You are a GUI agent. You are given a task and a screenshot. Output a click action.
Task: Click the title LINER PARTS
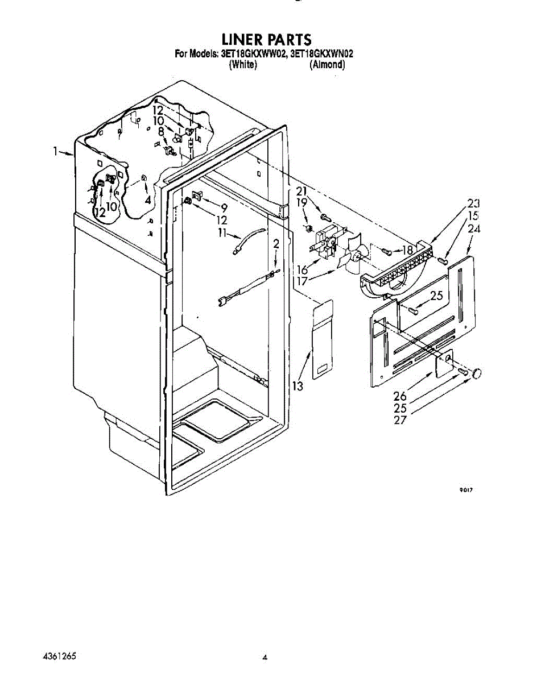tap(266, 40)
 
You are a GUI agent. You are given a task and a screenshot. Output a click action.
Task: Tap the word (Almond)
tap(327, 64)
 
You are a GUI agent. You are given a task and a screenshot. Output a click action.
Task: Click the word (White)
tap(243, 64)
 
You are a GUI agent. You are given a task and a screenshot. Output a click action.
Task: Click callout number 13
tap(298, 386)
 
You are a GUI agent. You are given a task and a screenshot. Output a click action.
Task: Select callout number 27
tap(400, 420)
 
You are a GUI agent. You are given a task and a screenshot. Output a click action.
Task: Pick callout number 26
tap(400, 396)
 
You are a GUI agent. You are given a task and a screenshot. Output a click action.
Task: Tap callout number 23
tap(473, 203)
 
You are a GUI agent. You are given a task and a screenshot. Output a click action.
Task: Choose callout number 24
tap(474, 228)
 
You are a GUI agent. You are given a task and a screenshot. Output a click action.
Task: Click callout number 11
tap(222, 232)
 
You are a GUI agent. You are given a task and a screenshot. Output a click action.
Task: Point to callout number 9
tap(224, 208)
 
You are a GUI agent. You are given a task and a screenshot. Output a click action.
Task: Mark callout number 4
tap(148, 200)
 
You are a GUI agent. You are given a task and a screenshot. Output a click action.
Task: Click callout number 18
tap(408, 250)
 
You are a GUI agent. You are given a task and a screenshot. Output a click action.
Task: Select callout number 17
tap(302, 281)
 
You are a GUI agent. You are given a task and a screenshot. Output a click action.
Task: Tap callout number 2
tap(276, 244)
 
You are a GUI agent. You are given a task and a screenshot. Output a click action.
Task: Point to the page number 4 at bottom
tap(265, 656)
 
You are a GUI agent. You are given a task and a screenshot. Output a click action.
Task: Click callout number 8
tap(161, 131)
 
